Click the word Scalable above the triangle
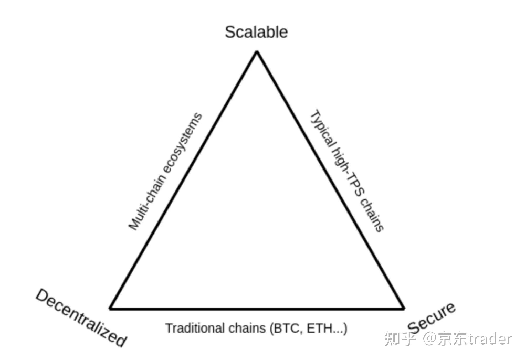click(256, 32)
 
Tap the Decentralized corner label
click(81, 317)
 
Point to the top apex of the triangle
click(257, 52)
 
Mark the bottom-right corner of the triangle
click(404, 308)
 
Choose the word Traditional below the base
click(195, 328)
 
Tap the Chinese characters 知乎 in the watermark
click(400, 339)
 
